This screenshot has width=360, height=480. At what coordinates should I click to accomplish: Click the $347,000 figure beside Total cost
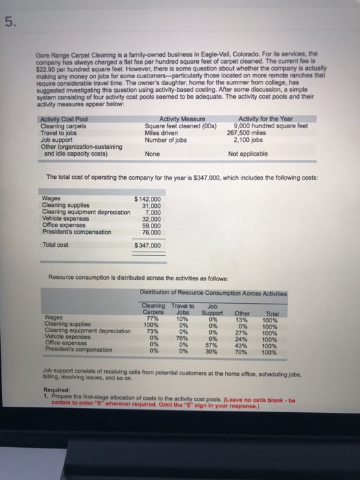(x=147, y=244)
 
